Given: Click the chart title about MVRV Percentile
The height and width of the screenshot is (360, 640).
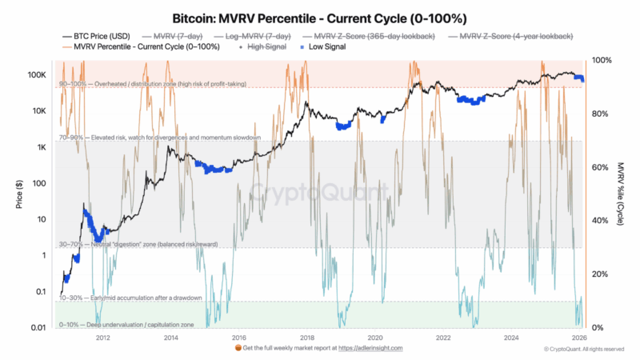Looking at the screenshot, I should (x=320, y=17).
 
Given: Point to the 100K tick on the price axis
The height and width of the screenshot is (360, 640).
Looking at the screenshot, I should (x=35, y=74).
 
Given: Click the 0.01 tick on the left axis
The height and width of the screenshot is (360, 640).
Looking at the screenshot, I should (x=37, y=328).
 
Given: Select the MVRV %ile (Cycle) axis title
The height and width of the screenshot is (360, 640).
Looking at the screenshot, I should (x=621, y=194).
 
